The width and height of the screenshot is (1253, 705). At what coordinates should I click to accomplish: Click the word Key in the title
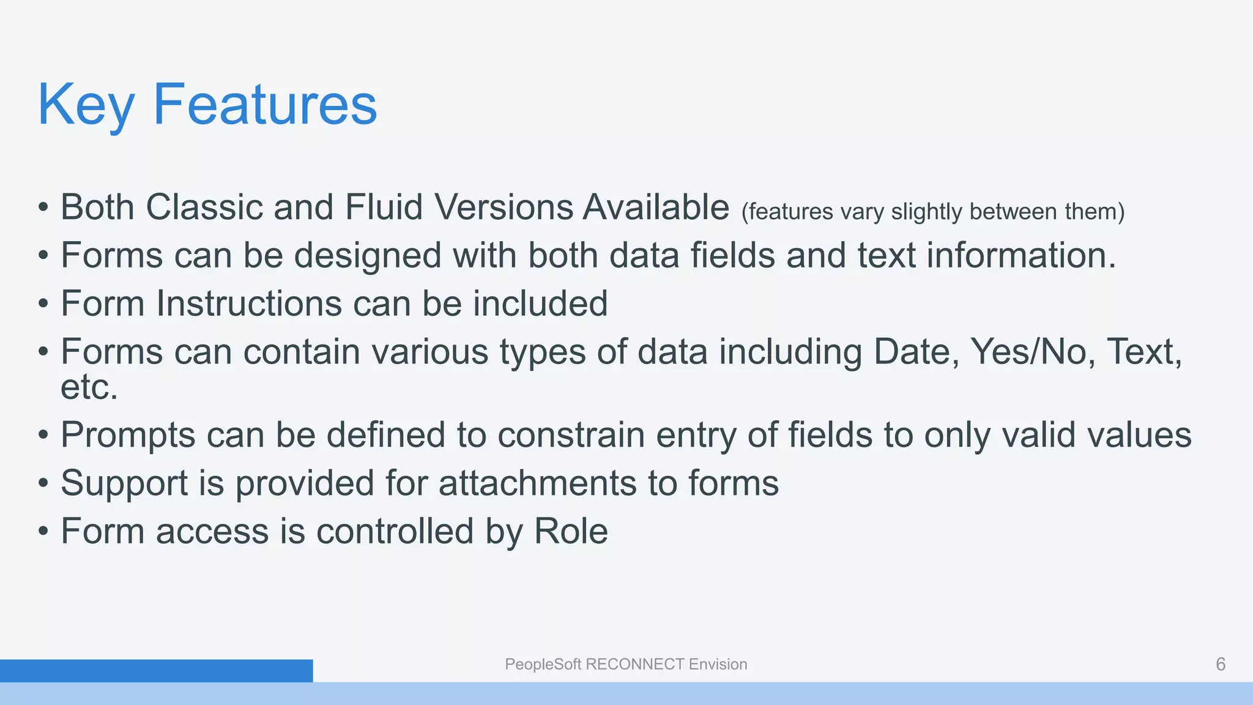[x=86, y=105]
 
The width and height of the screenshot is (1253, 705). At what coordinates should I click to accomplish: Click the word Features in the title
[x=265, y=105]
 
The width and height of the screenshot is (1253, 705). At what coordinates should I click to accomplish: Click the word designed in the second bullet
[x=367, y=255]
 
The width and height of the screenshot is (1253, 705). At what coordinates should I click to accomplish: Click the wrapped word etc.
[x=89, y=387]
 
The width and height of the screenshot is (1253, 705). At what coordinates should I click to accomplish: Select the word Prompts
[x=128, y=435]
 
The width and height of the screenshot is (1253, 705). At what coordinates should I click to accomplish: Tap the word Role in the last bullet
[x=571, y=531]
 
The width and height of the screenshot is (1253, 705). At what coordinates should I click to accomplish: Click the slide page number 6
[x=1221, y=665]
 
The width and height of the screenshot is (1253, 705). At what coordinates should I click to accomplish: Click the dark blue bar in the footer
[x=156, y=671]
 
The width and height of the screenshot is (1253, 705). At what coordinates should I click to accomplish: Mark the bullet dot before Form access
[x=43, y=532]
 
